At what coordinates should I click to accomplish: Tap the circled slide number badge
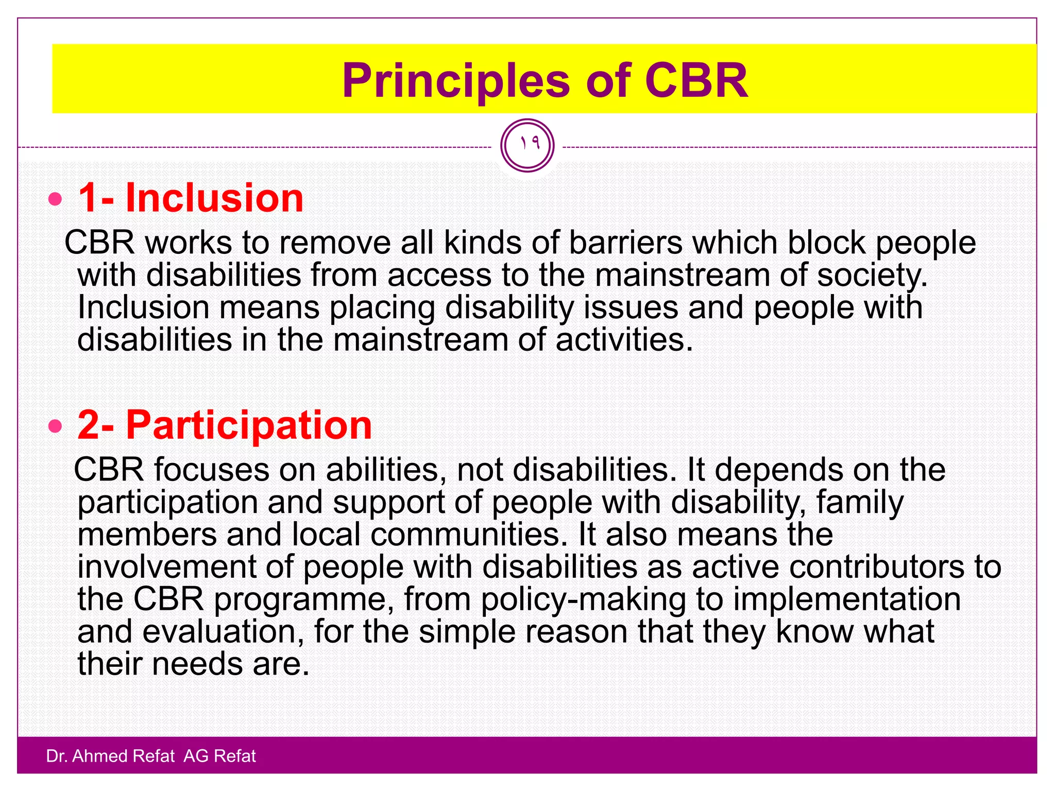[x=527, y=145]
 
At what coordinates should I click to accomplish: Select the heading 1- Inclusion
[x=191, y=198]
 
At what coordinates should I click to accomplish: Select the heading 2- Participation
[x=225, y=425]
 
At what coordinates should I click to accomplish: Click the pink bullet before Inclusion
[x=55, y=199]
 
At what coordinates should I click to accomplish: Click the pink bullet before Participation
[x=55, y=426]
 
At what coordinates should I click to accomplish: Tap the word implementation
[x=846, y=599]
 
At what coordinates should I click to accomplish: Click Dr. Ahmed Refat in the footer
[x=110, y=756]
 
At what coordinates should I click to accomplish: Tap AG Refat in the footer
[x=219, y=756]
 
